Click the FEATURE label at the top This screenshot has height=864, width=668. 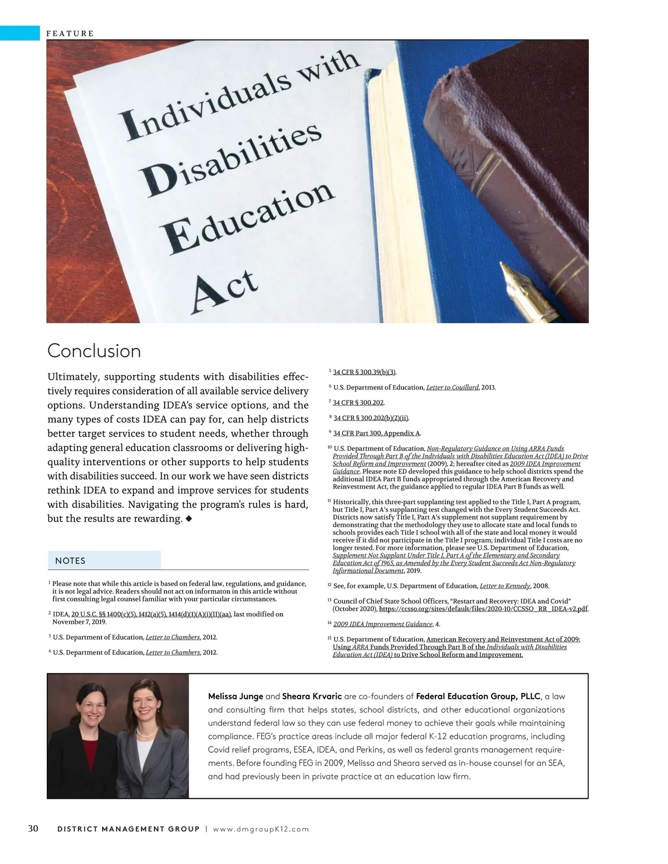click(70, 33)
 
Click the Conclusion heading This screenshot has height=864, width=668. click(94, 351)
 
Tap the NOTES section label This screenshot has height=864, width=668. click(70, 561)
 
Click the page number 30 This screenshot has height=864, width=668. click(33, 829)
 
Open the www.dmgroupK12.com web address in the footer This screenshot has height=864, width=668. click(261, 830)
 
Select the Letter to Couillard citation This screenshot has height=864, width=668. click(452, 387)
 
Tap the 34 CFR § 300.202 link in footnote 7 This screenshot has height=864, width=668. click(358, 402)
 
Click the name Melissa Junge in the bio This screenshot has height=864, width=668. click(235, 697)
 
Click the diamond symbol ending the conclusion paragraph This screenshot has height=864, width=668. click(189, 519)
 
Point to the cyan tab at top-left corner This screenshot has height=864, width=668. click(20, 33)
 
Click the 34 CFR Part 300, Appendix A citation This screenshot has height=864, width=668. click(377, 433)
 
